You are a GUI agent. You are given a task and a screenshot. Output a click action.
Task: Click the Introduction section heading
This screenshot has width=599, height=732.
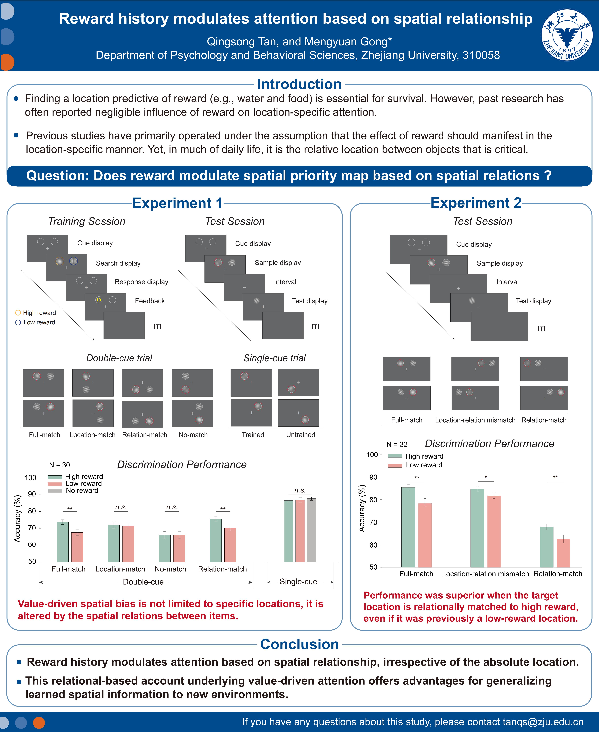[299, 84]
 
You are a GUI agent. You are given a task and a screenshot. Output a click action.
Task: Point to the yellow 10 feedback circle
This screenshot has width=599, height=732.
[99, 300]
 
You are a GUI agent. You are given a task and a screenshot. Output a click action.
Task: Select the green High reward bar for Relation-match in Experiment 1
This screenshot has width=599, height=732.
[216, 540]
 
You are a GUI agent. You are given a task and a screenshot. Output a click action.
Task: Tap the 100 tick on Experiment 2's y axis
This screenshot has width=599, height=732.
[372, 455]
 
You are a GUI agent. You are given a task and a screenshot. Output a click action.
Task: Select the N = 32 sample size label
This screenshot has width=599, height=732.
[397, 444]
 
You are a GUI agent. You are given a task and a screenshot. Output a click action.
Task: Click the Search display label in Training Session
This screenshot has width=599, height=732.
[118, 263]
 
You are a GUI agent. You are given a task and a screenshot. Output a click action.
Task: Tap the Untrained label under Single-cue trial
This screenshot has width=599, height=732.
[301, 435]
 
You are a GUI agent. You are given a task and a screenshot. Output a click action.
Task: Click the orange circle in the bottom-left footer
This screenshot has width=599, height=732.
[39, 722]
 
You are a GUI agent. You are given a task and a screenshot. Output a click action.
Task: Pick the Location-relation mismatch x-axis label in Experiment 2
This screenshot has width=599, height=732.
[485, 574]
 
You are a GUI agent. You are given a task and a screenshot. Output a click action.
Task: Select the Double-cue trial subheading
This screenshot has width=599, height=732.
[119, 358]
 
